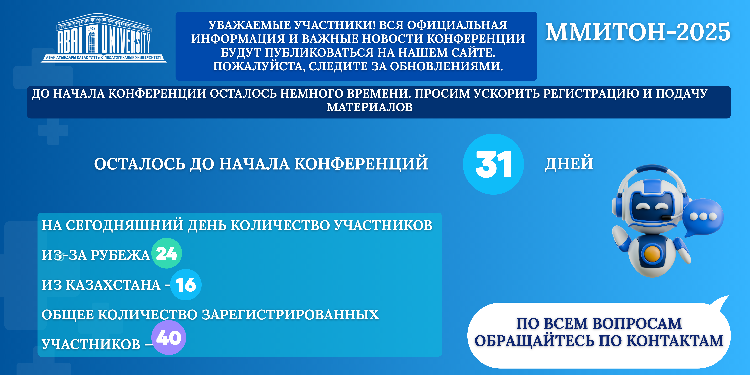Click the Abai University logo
104,38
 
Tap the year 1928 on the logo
92,29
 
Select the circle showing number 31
493,164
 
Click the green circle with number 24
167,253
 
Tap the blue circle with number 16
186,284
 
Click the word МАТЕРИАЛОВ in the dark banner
370,107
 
